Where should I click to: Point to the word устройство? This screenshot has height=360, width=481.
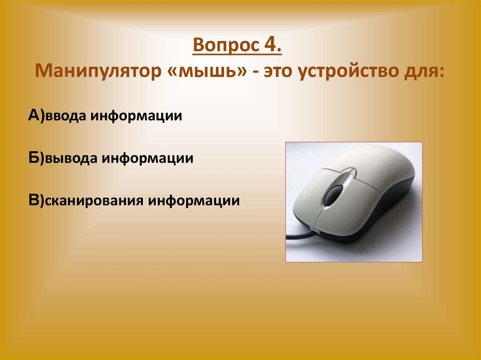pyautogui.click(x=348, y=73)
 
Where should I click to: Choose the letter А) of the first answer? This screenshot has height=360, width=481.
pyautogui.click(x=36, y=116)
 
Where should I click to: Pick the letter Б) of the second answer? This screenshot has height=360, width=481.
pyautogui.click(x=36, y=158)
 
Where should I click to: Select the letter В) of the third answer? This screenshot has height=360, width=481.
pyautogui.click(x=36, y=200)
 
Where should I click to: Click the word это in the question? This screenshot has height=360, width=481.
pyautogui.click(x=279, y=73)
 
